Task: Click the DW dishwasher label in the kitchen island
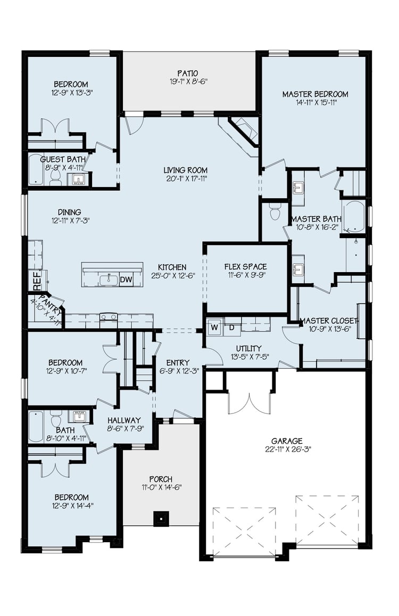(126, 280)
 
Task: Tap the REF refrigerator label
(37, 281)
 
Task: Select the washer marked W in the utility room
(214, 327)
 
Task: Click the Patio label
(187, 73)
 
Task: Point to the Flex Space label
(245, 267)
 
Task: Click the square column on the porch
(161, 519)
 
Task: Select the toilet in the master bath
(275, 213)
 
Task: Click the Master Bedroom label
(315, 94)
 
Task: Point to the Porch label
(161, 479)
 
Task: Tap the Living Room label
(186, 170)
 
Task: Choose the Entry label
(178, 362)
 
